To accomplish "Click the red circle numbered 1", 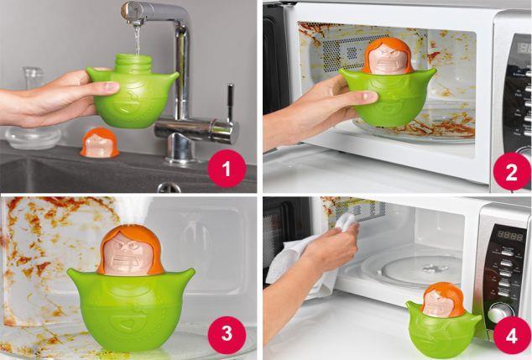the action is click(227, 169).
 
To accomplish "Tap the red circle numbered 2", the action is click(512, 171).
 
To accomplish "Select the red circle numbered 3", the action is click(227, 334).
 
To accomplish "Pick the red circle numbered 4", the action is click(512, 335).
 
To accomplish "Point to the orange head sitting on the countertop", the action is click(100, 143).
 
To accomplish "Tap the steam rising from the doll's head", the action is click(133, 211).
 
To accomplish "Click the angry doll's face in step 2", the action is click(388, 60).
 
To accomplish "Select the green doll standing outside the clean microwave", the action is click(443, 321).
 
